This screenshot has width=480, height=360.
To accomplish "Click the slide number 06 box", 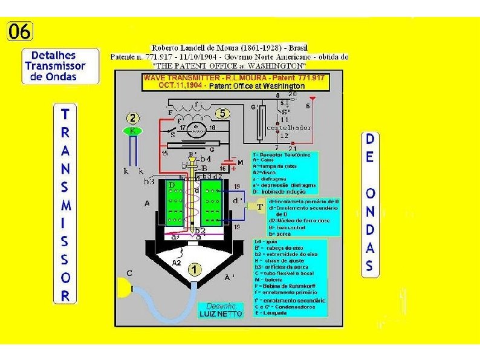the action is coord(20,32).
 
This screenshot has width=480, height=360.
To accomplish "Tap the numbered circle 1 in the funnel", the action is coord(195,269).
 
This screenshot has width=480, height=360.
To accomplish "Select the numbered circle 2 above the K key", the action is coord(134,119).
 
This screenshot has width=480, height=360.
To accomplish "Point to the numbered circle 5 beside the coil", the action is coord(223,113).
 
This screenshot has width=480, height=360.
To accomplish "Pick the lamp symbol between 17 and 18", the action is coord(196,128).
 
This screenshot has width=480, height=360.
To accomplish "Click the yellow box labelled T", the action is coord(259,206).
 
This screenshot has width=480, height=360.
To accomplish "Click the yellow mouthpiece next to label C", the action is coord(131,291).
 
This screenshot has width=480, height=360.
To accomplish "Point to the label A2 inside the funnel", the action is coord(176,263).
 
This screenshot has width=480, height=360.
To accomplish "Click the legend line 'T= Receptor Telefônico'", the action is coord(274,154).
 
